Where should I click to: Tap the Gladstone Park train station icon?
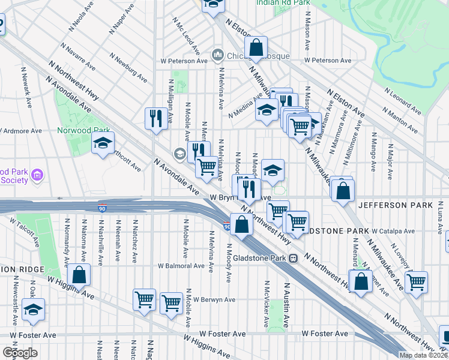tap(294, 259)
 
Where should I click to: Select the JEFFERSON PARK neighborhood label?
tap(395, 205)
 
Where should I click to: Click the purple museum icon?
tap(37, 175)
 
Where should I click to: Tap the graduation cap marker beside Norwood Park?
tap(103, 143)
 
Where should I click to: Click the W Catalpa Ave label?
tap(393, 231)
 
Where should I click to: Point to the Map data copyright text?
tap(424, 355)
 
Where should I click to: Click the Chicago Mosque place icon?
tap(217, 56)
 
